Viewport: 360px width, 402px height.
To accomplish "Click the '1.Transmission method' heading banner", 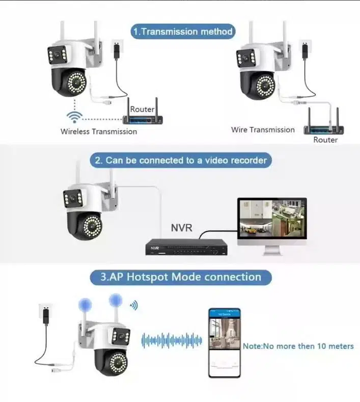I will click(x=183, y=31).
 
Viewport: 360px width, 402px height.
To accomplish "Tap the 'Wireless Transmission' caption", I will click(x=99, y=131).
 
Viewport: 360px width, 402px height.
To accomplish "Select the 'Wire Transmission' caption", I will click(x=263, y=130).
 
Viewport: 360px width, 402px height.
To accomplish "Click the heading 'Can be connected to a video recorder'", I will click(x=181, y=160).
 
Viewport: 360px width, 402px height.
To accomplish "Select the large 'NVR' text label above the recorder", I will click(x=181, y=227).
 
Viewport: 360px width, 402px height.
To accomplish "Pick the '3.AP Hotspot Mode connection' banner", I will click(x=181, y=277).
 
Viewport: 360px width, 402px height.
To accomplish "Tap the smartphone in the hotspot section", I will click(x=224, y=342).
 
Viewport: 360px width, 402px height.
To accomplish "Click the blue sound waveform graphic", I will click(x=171, y=340).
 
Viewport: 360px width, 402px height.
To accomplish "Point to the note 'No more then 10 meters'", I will click(x=298, y=346).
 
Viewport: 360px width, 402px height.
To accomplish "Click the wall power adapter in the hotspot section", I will click(x=46, y=316).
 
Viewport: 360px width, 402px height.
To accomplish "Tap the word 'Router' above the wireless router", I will click(x=142, y=109).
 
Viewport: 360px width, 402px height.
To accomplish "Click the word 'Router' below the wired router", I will click(x=325, y=140).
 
